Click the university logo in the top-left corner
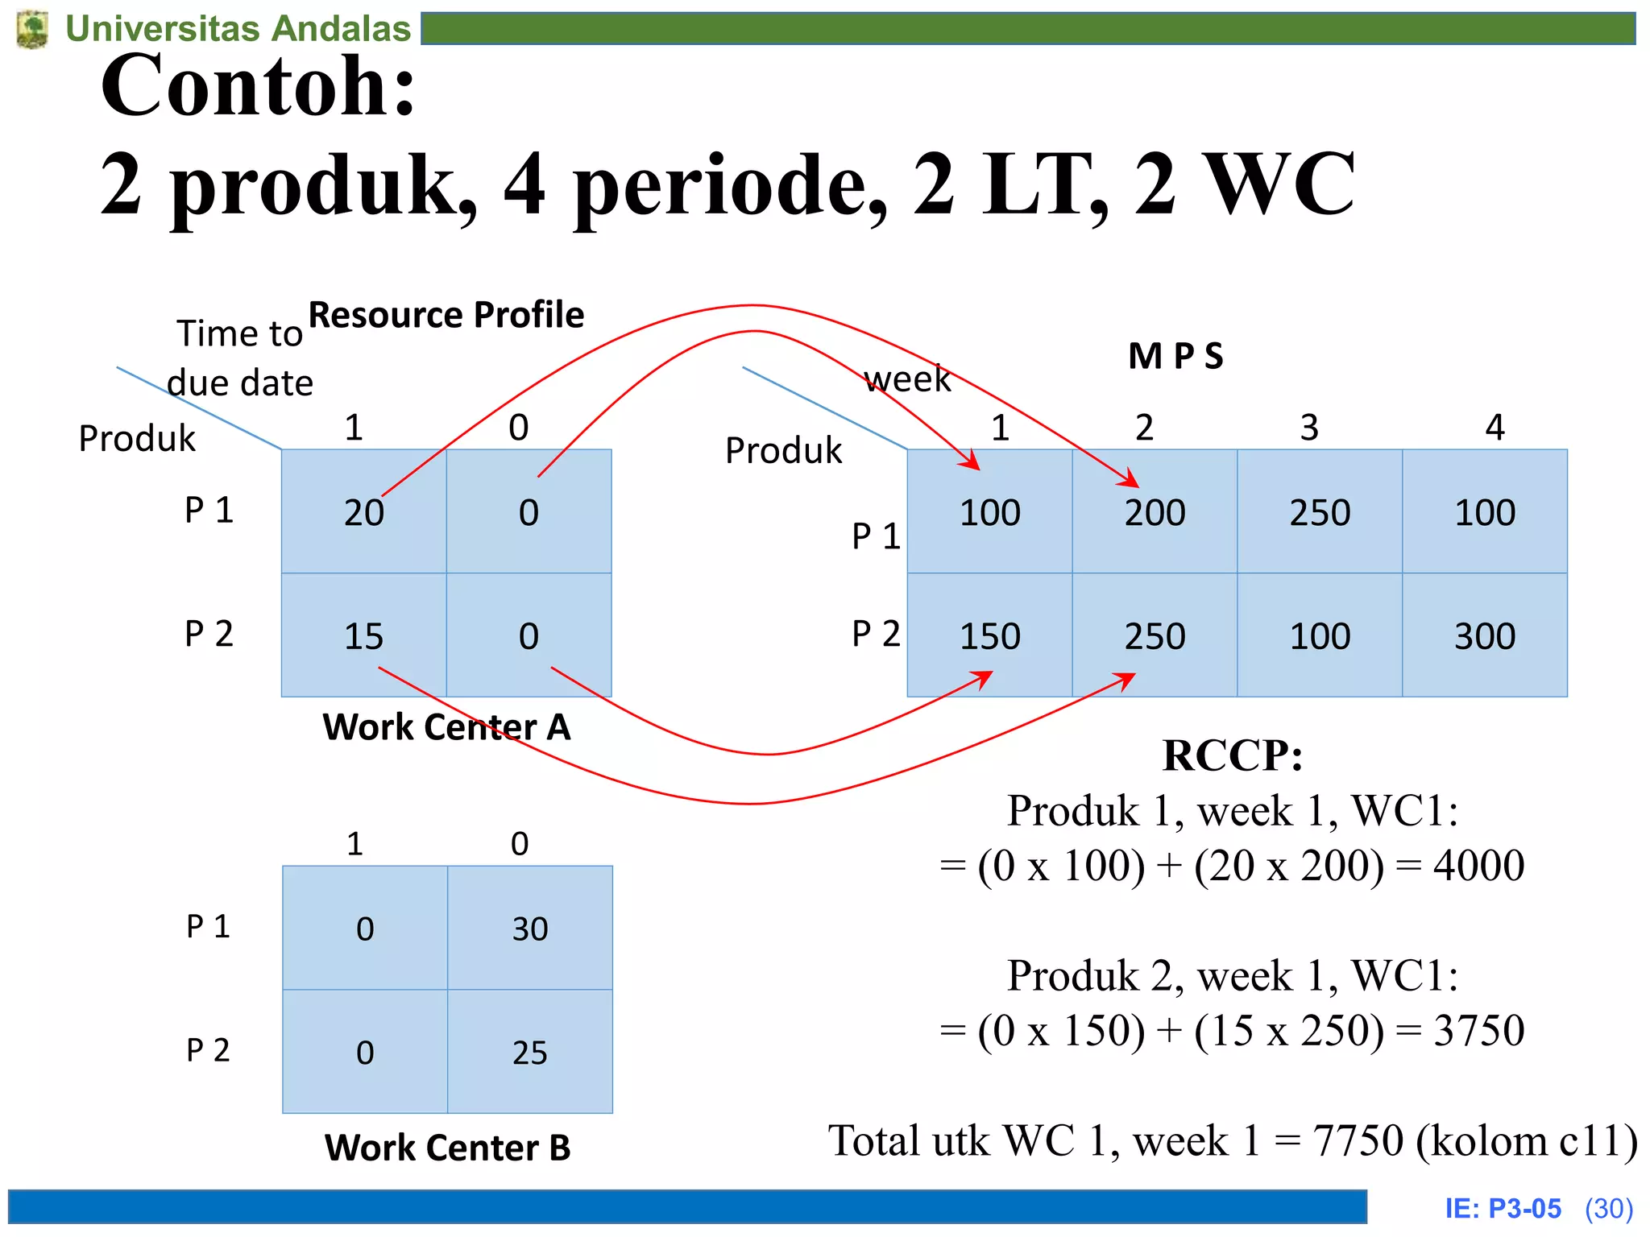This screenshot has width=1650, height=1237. [32, 29]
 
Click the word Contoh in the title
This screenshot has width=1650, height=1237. [258, 85]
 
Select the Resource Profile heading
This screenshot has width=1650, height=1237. [446, 315]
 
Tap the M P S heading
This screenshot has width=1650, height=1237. [1175, 356]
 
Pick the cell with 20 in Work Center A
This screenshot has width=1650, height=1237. [364, 512]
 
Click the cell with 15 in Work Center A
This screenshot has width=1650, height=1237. [364, 636]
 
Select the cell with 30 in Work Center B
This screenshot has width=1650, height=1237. [530, 929]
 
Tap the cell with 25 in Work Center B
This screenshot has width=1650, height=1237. [530, 1053]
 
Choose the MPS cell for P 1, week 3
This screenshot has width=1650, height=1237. [1320, 512]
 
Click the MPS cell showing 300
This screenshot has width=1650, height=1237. [1485, 636]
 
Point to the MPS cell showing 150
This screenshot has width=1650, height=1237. [990, 636]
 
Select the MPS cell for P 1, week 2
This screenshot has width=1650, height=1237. [1155, 512]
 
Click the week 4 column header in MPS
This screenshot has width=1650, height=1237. [1495, 427]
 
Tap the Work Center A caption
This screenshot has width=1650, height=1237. [446, 727]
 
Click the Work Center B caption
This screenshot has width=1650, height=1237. [447, 1148]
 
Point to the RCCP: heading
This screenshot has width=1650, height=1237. [1233, 755]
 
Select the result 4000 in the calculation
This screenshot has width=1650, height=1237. [1478, 866]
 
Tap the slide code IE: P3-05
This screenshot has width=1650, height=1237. [1503, 1209]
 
